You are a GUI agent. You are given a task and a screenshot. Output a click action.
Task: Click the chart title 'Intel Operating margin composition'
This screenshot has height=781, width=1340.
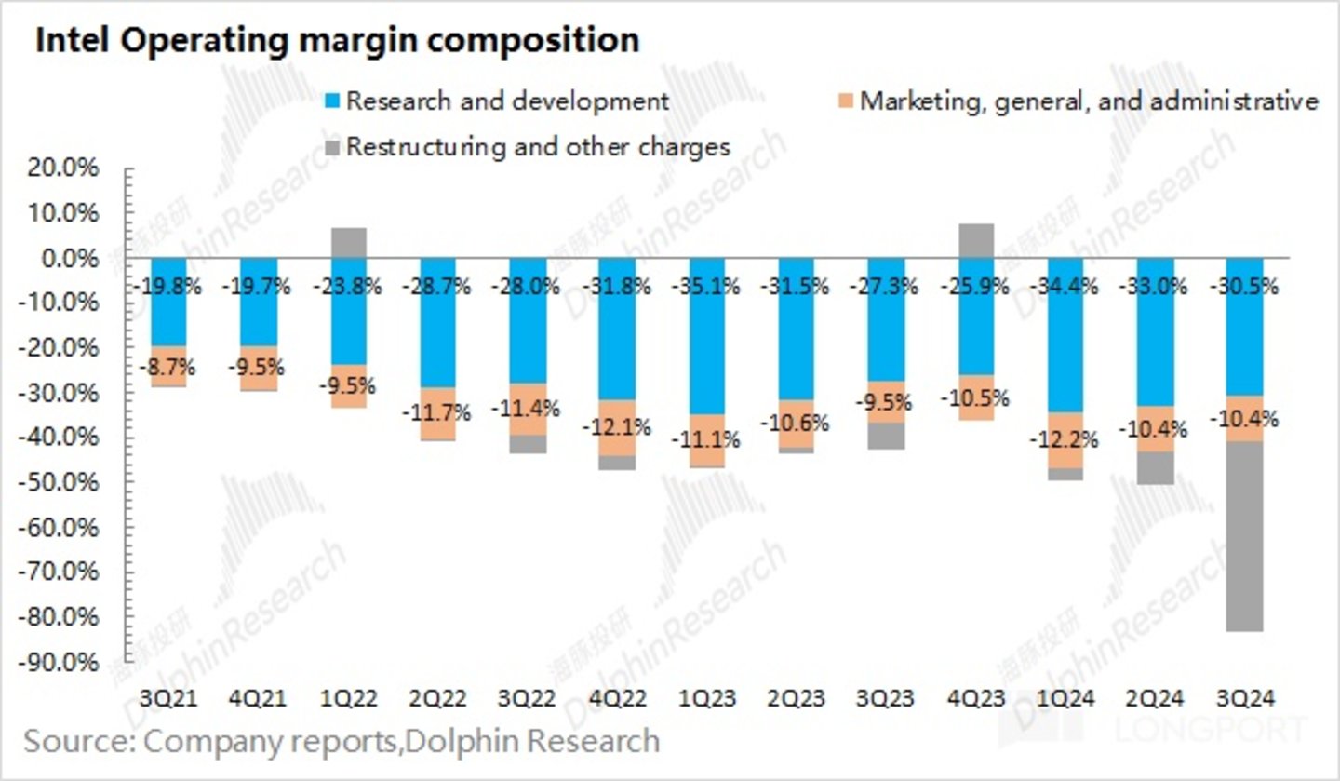(x=337, y=41)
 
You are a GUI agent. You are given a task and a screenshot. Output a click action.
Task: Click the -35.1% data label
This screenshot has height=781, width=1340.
(x=706, y=287)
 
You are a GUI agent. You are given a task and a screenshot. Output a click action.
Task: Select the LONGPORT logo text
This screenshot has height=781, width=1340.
(x=1239, y=732)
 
